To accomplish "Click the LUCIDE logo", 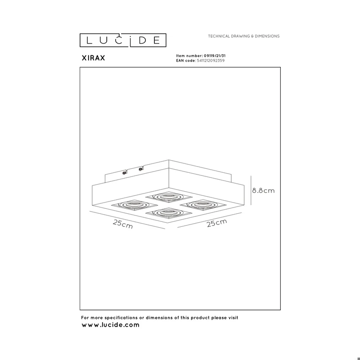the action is point(123,40).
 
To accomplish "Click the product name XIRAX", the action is point(93,58).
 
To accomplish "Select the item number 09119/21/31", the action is point(215,56).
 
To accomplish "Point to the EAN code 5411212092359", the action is point(211,61).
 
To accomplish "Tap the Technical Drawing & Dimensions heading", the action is point(243,36).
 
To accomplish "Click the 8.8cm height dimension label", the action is point(263,190).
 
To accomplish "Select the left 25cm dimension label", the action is point(123,224).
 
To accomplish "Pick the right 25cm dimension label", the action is point(217,223).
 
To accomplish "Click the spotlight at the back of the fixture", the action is point(169,197).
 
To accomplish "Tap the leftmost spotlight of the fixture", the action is point(135,205).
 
